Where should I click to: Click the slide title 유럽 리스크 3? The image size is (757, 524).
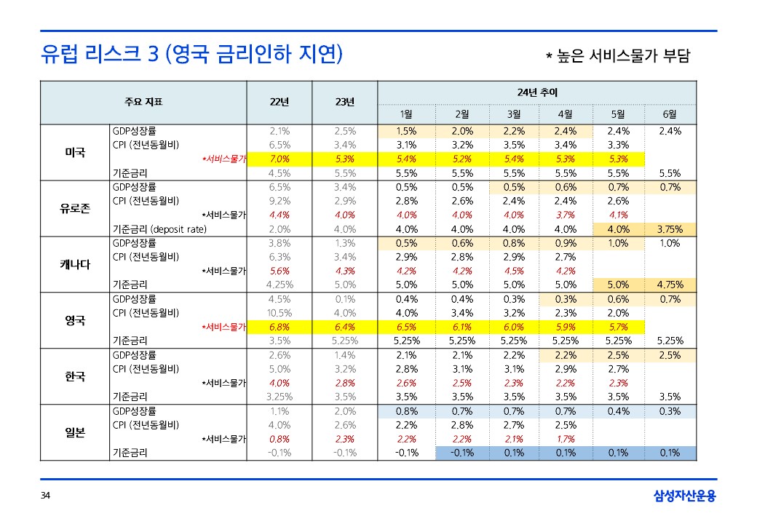191,54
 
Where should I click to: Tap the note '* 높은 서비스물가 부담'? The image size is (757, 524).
617,55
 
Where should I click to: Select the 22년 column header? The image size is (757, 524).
280,102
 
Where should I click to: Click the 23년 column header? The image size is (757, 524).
344,102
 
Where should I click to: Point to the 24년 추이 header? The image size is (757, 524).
536,92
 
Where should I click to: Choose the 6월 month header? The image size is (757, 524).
670,114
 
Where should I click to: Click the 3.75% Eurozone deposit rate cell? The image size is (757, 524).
670,229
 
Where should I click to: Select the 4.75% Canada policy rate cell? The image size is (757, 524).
670,285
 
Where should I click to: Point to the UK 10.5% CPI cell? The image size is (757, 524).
280,313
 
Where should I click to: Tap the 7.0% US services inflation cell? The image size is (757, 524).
280,159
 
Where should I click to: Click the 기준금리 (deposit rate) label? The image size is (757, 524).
159,229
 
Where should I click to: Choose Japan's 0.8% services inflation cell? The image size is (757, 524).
280,439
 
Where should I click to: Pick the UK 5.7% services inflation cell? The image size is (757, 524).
618,327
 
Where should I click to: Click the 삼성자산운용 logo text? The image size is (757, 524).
684,496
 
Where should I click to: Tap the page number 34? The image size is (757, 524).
45,496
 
